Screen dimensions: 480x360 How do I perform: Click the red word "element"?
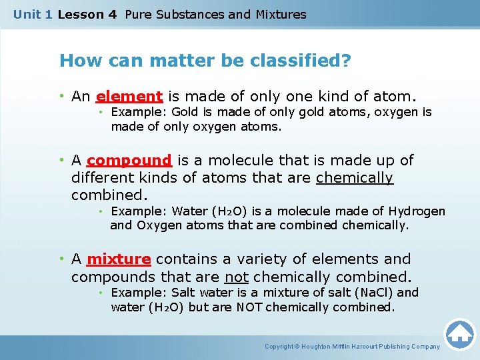[129, 97]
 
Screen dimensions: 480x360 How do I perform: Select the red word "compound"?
[129, 161]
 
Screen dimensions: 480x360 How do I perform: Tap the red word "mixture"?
[119, 259]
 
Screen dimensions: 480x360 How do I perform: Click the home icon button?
[459, 335]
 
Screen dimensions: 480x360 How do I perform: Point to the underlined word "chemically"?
[355, 178]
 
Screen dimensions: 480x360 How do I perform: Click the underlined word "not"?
[236, 277]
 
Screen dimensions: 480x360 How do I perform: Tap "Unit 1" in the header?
[33, 15]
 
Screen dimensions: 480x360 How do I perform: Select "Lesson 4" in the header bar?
[87, 15]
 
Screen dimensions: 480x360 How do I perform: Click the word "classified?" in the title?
[300, 60]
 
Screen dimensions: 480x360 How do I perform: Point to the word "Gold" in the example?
[184, 112]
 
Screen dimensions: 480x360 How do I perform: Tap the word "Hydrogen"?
[417, 211]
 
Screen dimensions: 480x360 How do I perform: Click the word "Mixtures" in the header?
[281, 15]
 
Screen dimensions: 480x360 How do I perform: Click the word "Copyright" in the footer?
[279, 347]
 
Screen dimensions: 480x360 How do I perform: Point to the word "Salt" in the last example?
[183, 293]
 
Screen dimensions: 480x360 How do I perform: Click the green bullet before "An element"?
[62, 96]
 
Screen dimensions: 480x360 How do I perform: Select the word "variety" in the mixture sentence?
[262, 259]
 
